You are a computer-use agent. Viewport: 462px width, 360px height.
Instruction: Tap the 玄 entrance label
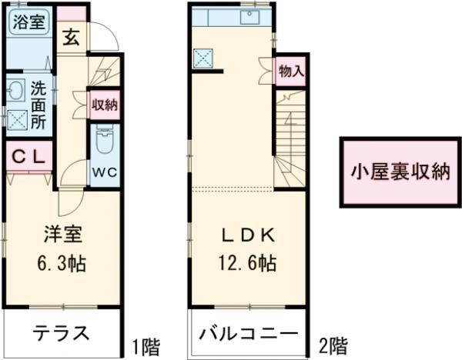tap(70, 36)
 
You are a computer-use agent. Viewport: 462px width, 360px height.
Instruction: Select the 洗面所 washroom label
tap(38, 104)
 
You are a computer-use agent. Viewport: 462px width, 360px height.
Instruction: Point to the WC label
tap(105, 172)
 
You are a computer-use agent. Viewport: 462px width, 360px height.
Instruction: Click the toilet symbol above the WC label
tap(105, 143)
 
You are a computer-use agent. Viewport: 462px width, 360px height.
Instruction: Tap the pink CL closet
tap(29, 156)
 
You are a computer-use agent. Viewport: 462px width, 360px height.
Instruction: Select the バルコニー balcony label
tap(248, 334)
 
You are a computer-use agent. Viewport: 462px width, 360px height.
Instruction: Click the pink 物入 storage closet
tap(291, 71)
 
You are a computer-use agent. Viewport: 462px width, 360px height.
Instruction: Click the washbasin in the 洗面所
tap(16, 91)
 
